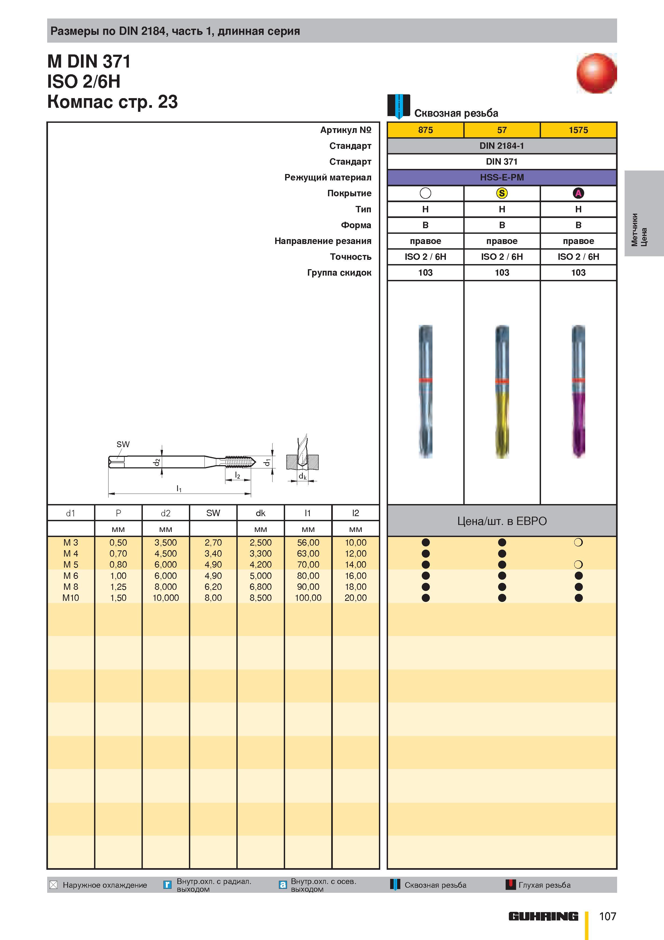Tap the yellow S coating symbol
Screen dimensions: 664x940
(x=502, y=193)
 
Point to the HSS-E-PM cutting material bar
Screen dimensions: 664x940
(x=502, y=177)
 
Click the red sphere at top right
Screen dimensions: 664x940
(x=596, y=73)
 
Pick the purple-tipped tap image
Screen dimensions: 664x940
(x=578, y=391)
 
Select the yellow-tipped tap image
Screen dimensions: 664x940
(x=502, y=391)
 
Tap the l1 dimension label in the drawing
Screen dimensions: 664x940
(x=179, y=488)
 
